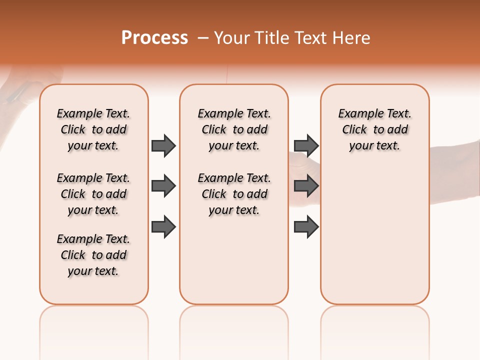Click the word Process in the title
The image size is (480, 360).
pos(154,38)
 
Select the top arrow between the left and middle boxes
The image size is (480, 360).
pos(163,145)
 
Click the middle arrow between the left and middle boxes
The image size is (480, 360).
pos(163,186)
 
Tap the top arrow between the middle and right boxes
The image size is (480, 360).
pos(306,145)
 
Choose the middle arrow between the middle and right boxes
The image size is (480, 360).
pos(306,186)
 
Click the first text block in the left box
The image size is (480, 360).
pos(93,129)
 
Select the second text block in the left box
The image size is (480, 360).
pos(93,194)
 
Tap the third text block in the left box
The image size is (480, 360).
pos(93,255)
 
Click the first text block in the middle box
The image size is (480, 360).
pos(234,129)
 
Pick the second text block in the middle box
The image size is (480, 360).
pos(234,194)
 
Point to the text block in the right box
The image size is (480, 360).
pos(375,129)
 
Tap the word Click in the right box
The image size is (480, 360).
pos(354,130)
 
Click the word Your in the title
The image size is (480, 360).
pos(231,38)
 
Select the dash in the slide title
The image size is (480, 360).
pos(203,38)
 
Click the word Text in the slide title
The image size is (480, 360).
pos(311,38)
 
